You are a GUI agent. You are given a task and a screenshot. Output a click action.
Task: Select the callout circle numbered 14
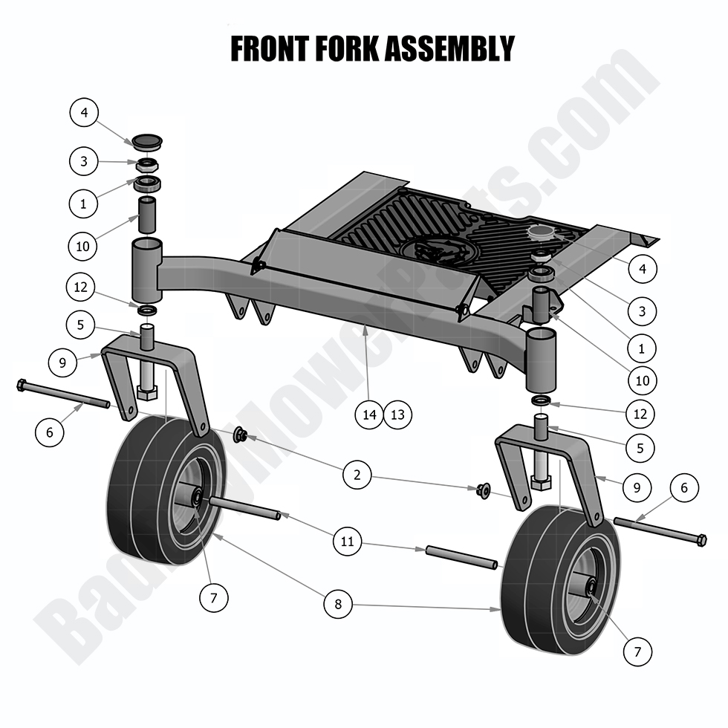coord(370,415)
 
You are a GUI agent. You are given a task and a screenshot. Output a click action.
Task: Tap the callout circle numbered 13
coord(397,415)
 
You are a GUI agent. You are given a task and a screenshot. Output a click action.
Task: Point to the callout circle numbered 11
coord(347,542)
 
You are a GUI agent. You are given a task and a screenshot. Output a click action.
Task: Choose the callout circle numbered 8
coord(338,604)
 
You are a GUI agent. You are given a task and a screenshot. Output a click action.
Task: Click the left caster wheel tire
coord(141,490)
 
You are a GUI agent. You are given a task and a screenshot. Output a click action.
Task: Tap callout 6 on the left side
coord(50,432)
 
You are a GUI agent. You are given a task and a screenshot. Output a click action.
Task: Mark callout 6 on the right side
coord(684,488)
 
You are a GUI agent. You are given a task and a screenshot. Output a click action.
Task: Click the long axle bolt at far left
coord(63,395)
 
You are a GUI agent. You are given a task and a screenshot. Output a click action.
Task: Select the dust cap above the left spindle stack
coord(146,141)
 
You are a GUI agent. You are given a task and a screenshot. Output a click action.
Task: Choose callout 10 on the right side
coord(643,380)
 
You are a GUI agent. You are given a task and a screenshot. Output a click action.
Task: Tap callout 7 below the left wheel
coord(214,597)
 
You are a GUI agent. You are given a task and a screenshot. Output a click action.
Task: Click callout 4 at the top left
coord(84,113)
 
